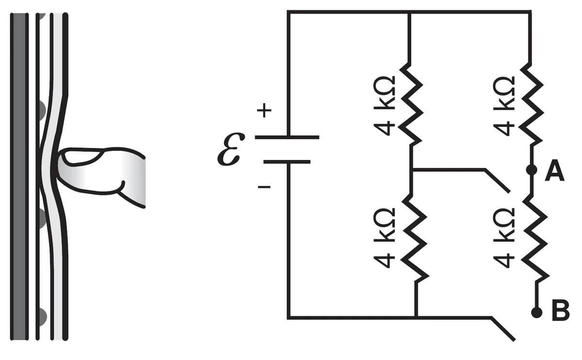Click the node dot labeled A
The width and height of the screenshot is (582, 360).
click(x=532, y=170)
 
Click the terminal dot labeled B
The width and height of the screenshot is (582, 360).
click(x=537, y=312)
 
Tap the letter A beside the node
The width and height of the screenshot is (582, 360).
click(x=554, y=170)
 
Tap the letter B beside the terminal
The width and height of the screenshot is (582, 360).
click(x=561, y=311)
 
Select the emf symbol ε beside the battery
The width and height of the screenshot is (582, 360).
click(x=230, y=149)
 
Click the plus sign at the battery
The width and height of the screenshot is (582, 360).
click(x=264, y=110)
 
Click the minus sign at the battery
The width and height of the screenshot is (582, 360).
click(x=264, y=187)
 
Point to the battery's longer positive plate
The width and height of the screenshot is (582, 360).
click(x=287, y=137)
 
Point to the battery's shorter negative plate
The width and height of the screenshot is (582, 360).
click(x=287, y=162)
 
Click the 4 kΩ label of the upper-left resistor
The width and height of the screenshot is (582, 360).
click(x=384, y=106)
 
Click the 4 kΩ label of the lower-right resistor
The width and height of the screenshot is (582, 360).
click(x=504, y=238)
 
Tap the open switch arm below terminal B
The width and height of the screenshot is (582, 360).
click(x=503, y=329)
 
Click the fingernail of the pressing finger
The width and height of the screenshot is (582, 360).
click(x=82, y=157)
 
